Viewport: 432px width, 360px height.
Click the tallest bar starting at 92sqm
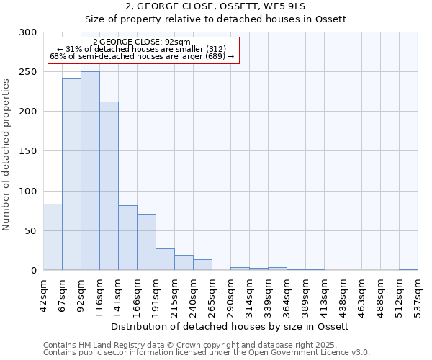tap(90, 171)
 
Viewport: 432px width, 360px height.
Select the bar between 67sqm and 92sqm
tap(71, 175)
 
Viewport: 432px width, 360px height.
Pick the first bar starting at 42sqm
tap(53, 237)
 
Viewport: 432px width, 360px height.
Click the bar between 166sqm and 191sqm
tap(146, 242)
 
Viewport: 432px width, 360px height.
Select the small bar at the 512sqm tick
tap(408, 269)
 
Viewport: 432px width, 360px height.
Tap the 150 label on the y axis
tap(28, 151)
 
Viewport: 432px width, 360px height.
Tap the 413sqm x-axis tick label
tap(324, 293)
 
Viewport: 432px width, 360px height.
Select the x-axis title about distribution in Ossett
tap(230, 326)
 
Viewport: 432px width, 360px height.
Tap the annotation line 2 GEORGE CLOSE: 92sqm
tap(142, 42)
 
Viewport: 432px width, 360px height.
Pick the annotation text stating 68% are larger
tap(142, 56)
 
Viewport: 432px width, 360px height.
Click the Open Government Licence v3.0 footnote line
tap(207, 352)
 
